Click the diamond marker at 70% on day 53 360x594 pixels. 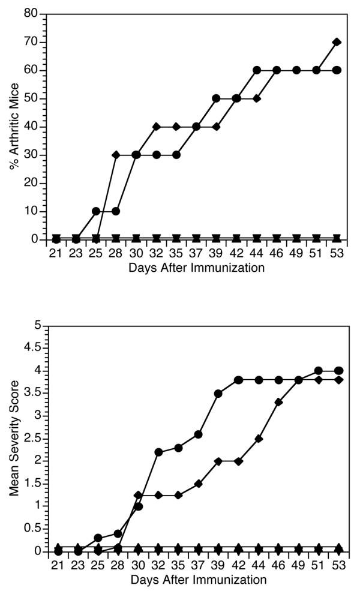tap(337, 42)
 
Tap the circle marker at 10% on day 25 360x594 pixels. tap(96, 211)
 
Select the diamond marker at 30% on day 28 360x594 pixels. tap(116, 155)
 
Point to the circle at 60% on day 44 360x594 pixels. tap(257, 70)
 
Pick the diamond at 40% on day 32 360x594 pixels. tap(156, 127)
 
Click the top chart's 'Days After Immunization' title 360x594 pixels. tap(196, 268)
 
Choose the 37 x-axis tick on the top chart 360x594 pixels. tap(196, 254)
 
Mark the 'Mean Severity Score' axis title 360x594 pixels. tap(13, 438)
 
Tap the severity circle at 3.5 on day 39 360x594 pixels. tap(218, 394)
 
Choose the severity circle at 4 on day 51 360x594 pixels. tap(319, 371)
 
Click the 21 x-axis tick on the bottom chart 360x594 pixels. tap(58, 565)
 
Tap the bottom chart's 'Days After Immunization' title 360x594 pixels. tap(196, 580)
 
